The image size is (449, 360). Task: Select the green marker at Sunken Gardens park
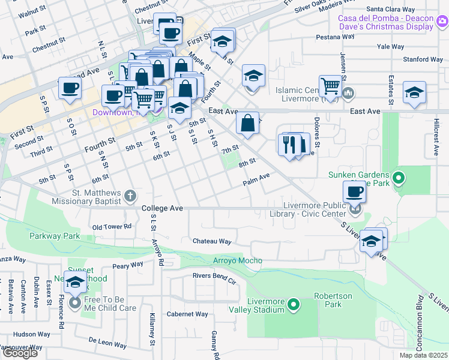point(397,178)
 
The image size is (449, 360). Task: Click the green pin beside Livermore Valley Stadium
point(294,305)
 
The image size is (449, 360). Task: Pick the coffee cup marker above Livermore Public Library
point(354,191)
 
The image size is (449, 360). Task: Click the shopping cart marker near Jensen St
point(330,85)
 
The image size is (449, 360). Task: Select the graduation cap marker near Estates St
point(414,92)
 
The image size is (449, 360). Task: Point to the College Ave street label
point(162,208)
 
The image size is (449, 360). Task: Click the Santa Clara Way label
point(391,10)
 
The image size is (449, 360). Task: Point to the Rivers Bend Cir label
point(214,276)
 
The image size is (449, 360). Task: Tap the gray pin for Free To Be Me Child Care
point(74,303)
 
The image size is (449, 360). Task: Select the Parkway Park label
point(55,236)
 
